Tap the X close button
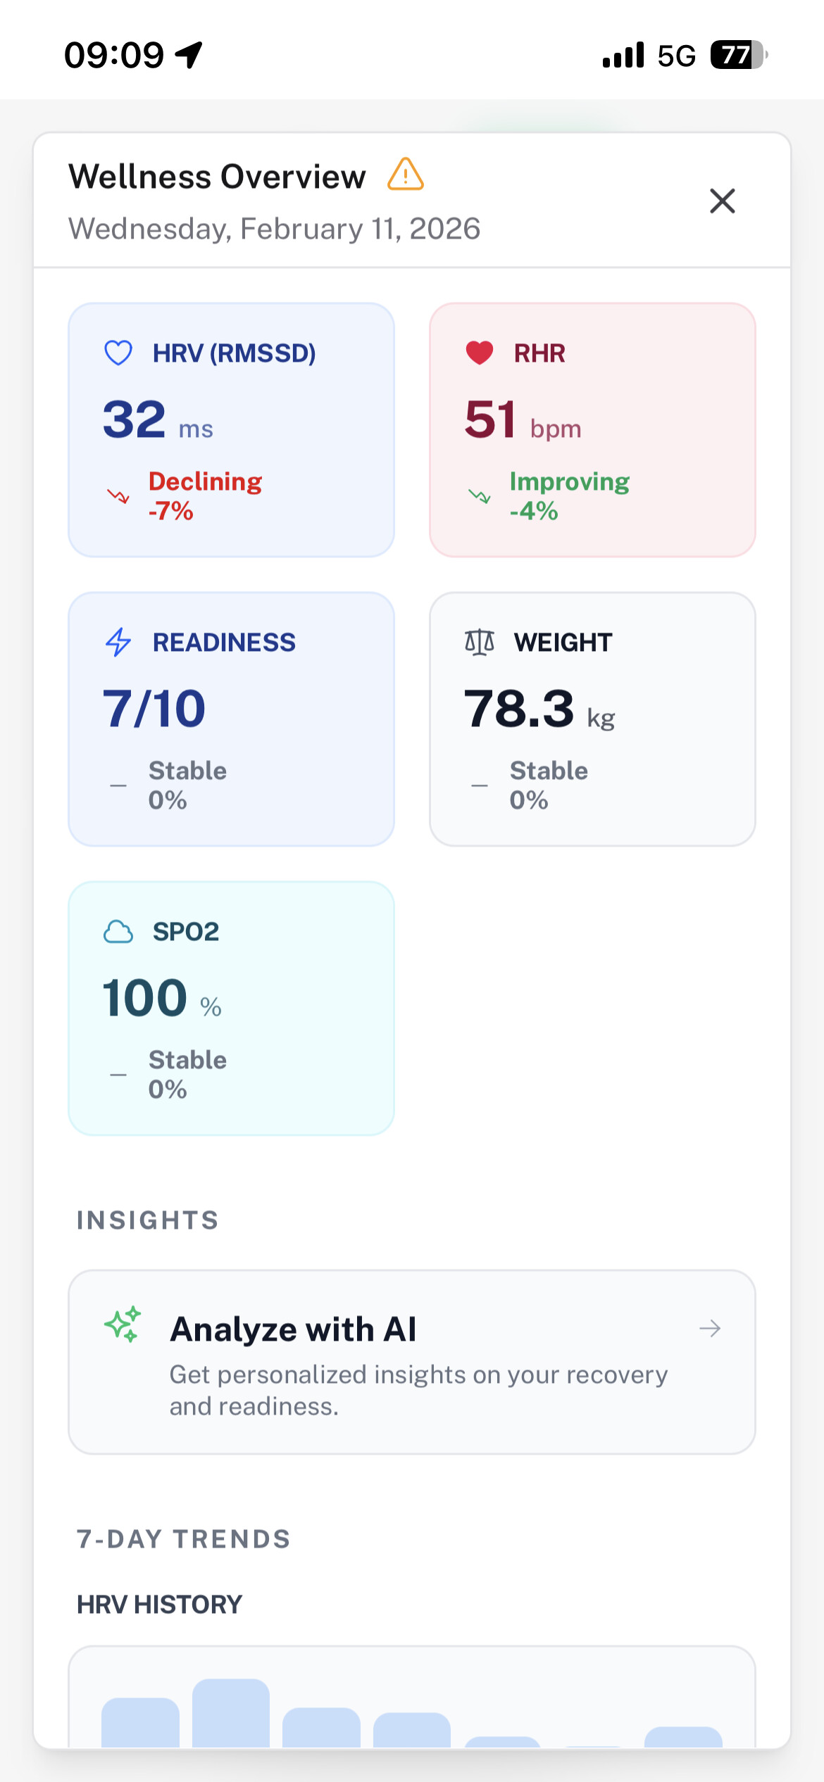click(722, 201)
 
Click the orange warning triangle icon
click(406, 175)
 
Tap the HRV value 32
click(135, 419)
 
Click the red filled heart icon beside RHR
click(480, 353)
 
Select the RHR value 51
click(490, 419)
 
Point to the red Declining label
click(205, 481)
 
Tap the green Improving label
click(569, 481)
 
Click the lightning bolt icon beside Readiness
click(118, 642)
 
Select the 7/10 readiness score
click(154, 709)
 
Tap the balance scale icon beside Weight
click(480, 642)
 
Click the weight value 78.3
click(519, 709)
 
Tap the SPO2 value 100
click(145, 998)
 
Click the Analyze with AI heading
click(293, 1329)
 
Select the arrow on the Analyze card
click(710, 1328)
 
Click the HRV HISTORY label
click(159, 1605)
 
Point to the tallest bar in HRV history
click(231, 1714)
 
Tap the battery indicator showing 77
click(737, 55)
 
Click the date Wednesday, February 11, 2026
click(274, 229)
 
